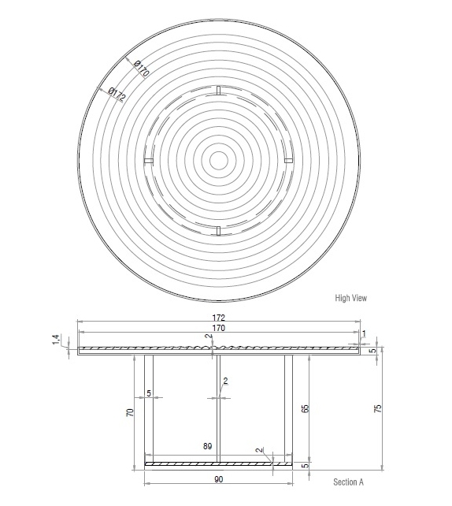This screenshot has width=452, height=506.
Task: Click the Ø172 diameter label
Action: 117,95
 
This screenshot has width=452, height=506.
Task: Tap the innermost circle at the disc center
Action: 218,160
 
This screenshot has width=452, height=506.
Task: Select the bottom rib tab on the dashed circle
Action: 218,229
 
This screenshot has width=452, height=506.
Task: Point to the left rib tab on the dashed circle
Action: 149,161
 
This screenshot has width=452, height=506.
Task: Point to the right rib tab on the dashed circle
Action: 287,161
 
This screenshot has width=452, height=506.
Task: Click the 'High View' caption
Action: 350,298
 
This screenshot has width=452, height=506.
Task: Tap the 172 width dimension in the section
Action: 218,318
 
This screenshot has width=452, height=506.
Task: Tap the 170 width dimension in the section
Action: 218,328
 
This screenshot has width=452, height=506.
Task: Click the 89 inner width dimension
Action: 208,447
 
